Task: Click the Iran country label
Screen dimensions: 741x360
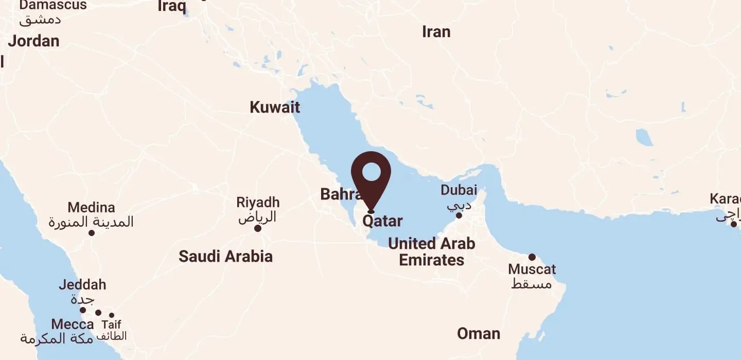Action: pyautogui.click(x=436, y=32)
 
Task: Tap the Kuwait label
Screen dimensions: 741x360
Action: pyautogui.click(x=275, y=107)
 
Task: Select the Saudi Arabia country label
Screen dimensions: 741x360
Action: pyautogui.click(x=225, y=256)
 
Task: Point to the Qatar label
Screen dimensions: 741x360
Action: pyautogui.click(x=382, y=221)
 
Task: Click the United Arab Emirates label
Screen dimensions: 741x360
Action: pyautogui.click(x=431, y=251)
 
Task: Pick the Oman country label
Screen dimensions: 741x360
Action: pyautogui.click(x=479, y=334)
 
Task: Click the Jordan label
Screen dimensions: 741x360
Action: pyautogui.click(x=33, y=41)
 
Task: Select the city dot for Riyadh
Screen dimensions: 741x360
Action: pyautogui.click(x=258, y=228)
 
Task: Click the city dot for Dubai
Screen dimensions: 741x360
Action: pyautogui.click(x=459, y=215)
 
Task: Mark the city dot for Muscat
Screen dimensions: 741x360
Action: pyautogui.click(x=532, y=257)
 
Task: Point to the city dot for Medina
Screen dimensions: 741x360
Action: pyautogui.click(x=92, y=233)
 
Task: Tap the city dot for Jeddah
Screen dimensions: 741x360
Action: pyautogui.click(x=83, y=310)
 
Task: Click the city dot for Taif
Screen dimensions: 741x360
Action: pyautogui.click(x=112, y=315)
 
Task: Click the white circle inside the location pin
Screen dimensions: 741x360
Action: pyautogui.click(x=371, y=171)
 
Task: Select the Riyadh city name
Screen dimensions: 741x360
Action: pyautogui.click(x=258, y=203)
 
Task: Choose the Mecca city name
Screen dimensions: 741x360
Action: pyautogui.click(x=73, y=325)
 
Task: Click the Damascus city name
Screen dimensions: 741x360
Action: pyautogui.click(x=53, y=6)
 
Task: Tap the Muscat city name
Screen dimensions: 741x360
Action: pyautogui.click(x=532, y=269)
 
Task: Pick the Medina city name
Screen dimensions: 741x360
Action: pyautogui.click(x=91, y=208)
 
